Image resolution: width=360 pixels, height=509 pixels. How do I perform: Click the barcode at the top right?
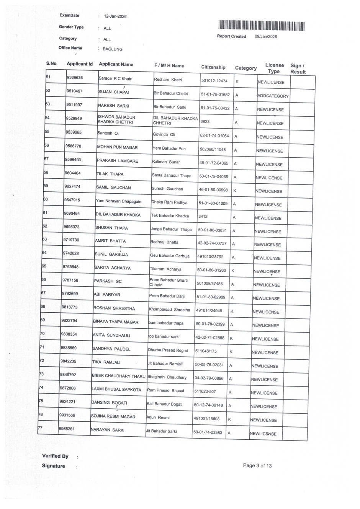262,26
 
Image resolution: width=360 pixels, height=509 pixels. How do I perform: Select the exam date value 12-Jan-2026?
115,16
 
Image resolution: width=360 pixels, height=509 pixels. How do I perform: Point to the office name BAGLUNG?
113,49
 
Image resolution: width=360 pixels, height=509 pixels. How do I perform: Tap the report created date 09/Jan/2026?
266,37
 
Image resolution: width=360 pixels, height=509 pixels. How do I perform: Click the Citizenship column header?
213,67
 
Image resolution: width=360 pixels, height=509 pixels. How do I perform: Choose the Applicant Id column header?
80,64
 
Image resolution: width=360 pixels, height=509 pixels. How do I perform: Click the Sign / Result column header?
298,69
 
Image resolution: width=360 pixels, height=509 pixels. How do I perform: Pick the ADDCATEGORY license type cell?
273,96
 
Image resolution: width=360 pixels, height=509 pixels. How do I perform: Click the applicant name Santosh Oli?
108,133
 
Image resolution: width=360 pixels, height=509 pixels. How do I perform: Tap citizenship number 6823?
205,122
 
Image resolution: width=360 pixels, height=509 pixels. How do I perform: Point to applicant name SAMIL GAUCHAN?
113,188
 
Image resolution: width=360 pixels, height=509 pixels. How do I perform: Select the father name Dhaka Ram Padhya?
169,202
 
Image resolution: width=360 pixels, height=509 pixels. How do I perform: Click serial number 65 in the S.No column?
44,266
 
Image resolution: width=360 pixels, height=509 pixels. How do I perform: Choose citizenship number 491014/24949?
209,310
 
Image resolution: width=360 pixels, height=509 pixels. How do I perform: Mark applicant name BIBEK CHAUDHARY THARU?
119,376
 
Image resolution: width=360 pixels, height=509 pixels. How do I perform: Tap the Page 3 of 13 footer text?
257,466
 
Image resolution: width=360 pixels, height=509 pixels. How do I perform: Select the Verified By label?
55,456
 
